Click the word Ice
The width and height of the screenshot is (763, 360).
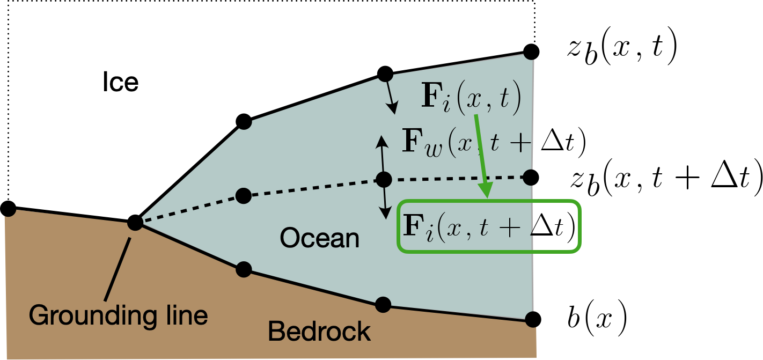tap(121, 82)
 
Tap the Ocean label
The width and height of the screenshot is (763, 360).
tap(319, 238)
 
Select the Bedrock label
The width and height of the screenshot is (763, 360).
tap(319, 331)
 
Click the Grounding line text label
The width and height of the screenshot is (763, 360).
tap(118, 315)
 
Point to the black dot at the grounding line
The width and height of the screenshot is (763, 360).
tap(135, 223)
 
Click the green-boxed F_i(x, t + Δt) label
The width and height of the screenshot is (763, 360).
tap(489, 226)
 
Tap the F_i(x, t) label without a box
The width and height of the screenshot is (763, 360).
tap(472, 97)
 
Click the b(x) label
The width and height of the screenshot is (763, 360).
tap(597, 319)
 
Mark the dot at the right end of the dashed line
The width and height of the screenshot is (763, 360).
tap(530, 178)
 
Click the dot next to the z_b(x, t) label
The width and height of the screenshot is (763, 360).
tap(531, 52)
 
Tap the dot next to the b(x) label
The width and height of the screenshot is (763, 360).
tap(533, 319)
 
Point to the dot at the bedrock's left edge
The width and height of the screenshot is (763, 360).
tap(8, 208)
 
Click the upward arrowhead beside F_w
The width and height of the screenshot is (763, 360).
tap(382, 141)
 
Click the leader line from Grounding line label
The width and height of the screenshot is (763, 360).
tap(118, 269)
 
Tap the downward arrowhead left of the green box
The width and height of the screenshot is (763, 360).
tap(386, 213)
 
